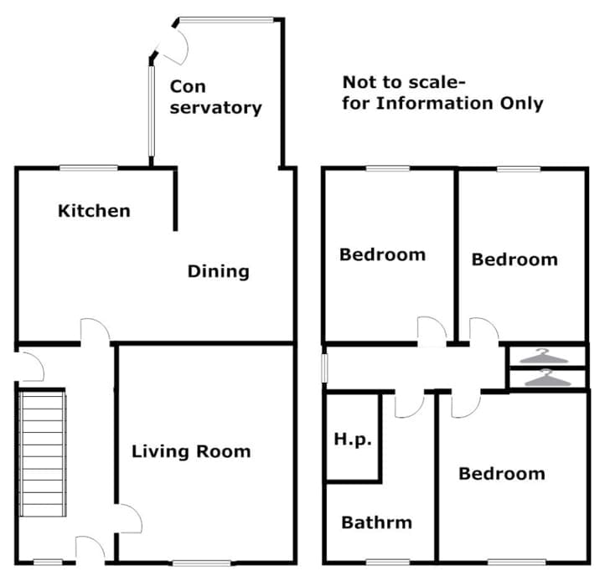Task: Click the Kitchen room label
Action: pos(94,211)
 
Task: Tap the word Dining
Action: pos(219,272)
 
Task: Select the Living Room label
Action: pos(191,451)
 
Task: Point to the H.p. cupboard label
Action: pos(353,440)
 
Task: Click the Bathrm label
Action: pos(376,522)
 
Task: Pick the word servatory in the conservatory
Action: pos(215,107)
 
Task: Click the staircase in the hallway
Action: pos(43,454)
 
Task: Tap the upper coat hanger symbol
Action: pos(543,357)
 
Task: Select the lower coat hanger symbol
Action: pos(547,378)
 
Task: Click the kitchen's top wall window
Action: pos(88,167)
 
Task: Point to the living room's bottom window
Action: pos(201,563)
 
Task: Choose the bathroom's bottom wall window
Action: pos(387,563)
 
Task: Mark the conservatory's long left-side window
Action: pos(151,111)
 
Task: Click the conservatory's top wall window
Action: pos(226,19)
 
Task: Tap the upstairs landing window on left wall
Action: pos(325,368)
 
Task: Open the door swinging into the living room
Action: pos(129,519)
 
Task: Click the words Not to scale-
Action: pos(404,82)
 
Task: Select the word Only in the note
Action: pos(522,103)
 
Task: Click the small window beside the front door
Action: pos(48,563)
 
